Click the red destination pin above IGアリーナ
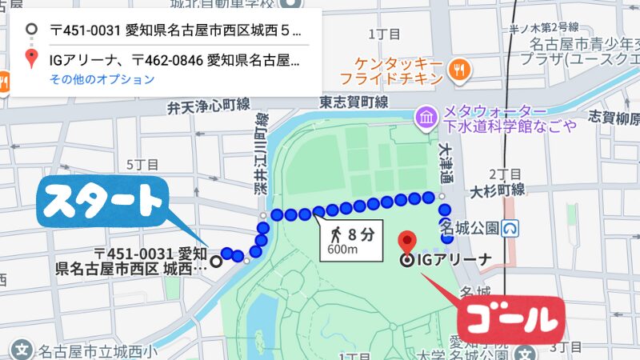click(x=408, y=241)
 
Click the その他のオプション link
click(x=102, y=79)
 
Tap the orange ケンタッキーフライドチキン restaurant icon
click(x=458, y=69)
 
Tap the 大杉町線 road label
click(x=498, y=190)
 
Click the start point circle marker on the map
click(x=215, y=260)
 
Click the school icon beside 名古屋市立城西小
click(x=22, y=350)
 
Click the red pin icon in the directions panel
click(x=31, y=58)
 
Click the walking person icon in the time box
click(x=336, y=234)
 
